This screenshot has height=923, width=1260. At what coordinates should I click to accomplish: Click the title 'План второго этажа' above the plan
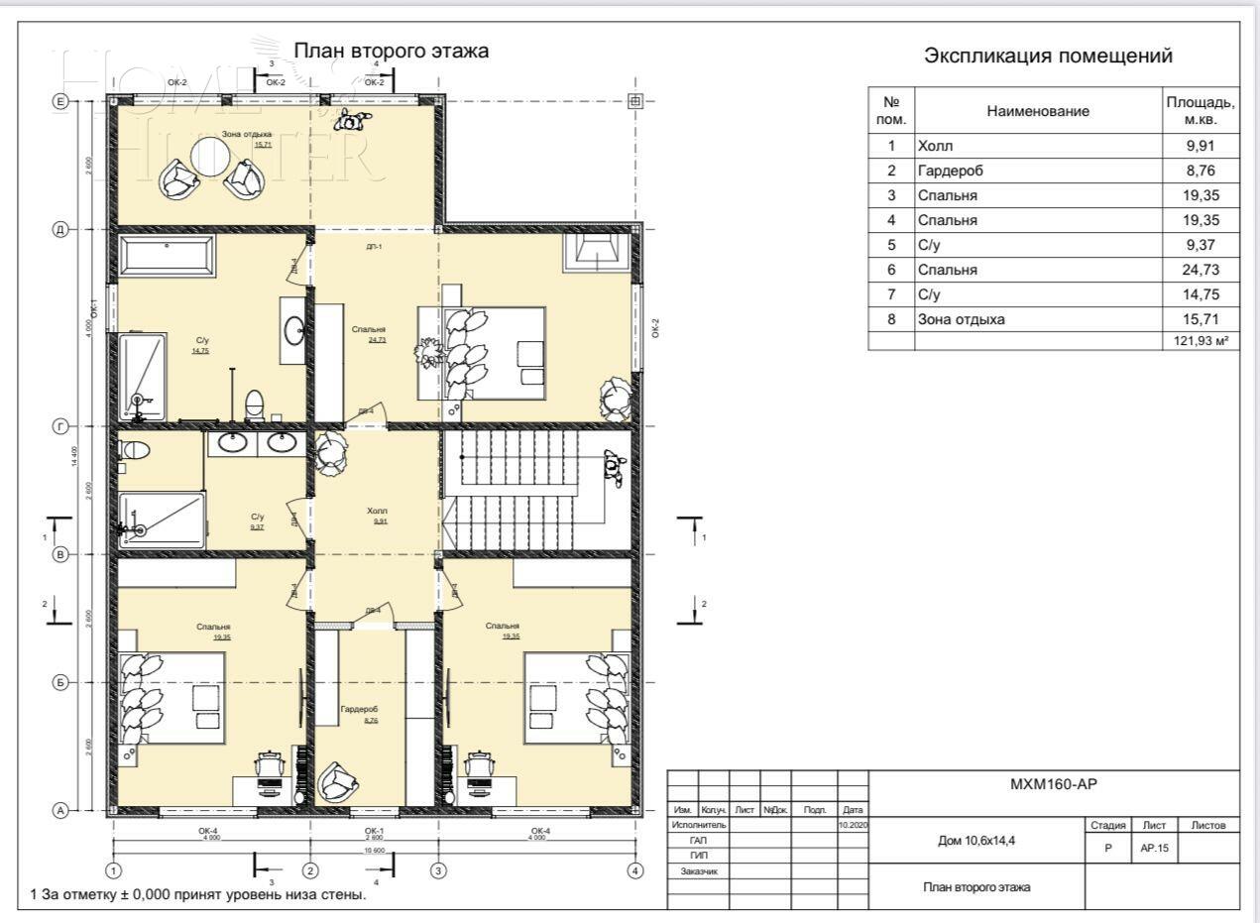click(x=391, y=51)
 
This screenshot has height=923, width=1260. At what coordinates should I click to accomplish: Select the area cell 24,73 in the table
click(x=1201, y=270)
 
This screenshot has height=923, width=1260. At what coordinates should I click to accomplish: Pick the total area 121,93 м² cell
click(x=1201, y=340)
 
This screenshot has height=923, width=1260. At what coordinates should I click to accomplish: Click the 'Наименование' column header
click(x=1038, y=112)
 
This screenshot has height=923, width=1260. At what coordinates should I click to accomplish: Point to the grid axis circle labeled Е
click(x=59, y=101)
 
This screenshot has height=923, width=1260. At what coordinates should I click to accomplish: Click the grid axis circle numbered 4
click(x=634, y=870)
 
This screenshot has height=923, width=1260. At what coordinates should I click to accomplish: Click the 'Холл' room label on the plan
click(x=377, y=511)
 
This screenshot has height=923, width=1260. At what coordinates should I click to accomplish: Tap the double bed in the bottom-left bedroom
click(x=173, y=698)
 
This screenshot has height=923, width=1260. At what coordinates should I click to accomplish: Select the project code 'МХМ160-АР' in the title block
click(x=1053, y=784)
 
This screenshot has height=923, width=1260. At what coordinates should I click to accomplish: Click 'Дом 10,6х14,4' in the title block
click(x=975, y=840)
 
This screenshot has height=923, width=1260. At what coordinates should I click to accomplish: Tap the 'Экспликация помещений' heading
click(x=1048, y=57)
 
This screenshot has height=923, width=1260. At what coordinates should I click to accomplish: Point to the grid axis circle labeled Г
click(x=59, y=426)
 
